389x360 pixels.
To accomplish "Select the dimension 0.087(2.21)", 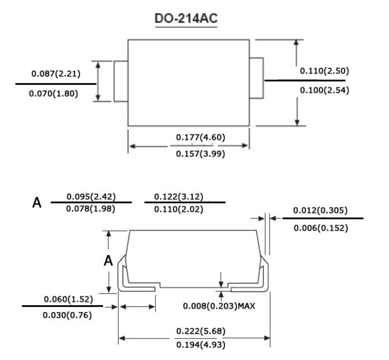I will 56,74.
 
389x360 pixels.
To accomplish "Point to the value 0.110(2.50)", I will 324,71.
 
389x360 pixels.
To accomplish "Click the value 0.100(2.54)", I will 324,90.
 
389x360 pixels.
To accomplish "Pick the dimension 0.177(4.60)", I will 200,137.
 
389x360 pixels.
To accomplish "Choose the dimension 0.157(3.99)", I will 200,156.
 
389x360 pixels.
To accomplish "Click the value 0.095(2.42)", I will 91,197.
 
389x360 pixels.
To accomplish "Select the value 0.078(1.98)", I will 91,209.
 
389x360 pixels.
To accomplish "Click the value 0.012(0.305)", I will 321,211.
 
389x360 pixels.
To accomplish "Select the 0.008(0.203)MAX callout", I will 219,306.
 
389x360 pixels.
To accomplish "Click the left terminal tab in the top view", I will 121,81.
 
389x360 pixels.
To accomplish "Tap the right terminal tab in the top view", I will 257,78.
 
